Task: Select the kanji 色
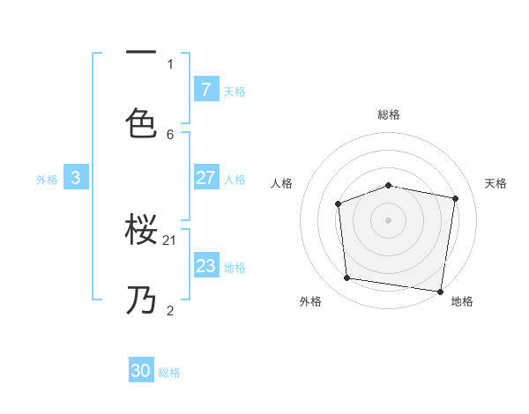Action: coord(142,122)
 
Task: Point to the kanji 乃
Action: coord(142,300)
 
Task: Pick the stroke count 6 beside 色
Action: coord(170,134)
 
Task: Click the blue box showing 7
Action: coord(205,89)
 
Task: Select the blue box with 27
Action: coord(205,178)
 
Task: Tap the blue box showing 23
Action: coord(205,266)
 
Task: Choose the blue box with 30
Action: coord(141,371)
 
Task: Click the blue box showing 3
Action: coord(76,178)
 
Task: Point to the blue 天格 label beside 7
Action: coord(235,91)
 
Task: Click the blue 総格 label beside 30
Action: coord(169,373)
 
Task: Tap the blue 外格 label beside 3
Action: coord(47,180)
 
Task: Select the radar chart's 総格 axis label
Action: coord(389,115)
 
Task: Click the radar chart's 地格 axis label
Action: coord(462,301)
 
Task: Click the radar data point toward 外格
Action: coord(347,278)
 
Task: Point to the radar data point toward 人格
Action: coord(339,204)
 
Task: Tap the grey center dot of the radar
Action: coord(389,220)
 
